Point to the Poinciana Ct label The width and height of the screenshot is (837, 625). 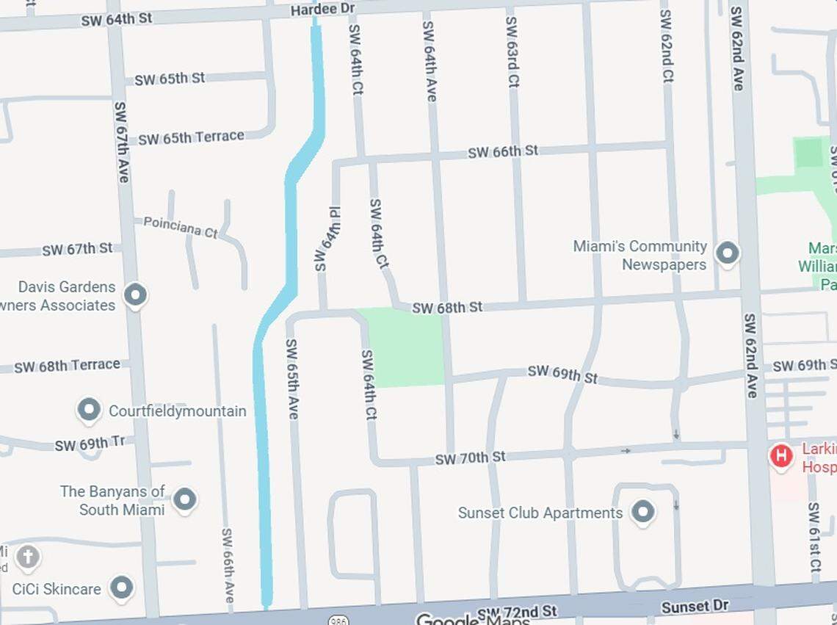(x=181, y=226)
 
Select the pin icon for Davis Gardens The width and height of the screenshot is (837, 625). (x=135, y=295)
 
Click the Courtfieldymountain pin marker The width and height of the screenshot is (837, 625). (x=90, y=410)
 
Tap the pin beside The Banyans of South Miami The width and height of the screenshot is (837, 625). (x=184, y=500)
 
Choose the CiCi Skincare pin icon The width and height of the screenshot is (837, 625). (x=121, y=588)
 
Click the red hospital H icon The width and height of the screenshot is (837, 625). (x=781, y=456)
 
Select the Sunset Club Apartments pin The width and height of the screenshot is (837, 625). (x=643, y=512)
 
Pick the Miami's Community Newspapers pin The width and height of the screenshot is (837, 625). (x=728, y=253)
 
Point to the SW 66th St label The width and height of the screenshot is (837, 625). (x=503, y=152)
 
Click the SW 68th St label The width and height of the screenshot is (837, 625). (x=447, y=308)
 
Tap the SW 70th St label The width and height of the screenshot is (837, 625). (x=470, y=458)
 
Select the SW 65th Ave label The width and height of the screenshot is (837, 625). (x=292, y=379)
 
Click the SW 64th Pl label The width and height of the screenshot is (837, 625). (x=327, y=239)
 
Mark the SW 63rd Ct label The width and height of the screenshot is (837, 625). (x=512, y=51)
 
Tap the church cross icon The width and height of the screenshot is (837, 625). (x=27, y=557)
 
